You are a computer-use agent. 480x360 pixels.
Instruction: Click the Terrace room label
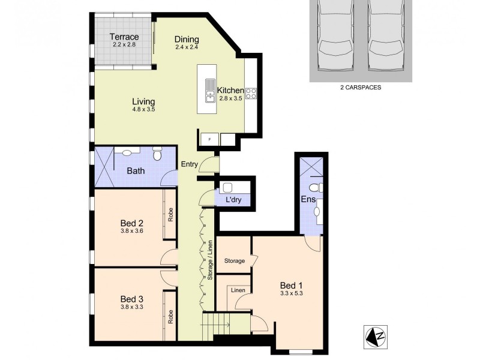[124, 37]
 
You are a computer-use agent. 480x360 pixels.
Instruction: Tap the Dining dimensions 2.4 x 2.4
[187, 47]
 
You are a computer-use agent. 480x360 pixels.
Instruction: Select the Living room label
[143, 101]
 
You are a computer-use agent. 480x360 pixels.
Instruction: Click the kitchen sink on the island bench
[209, 91]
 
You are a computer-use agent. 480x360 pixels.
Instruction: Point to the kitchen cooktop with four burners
[251, 93]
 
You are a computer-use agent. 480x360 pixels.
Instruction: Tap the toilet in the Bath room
[158, 155]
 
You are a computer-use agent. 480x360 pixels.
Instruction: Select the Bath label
[136, 171]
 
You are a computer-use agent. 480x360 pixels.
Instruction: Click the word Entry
[190, 164]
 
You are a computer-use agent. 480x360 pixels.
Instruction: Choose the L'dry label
[233, 200]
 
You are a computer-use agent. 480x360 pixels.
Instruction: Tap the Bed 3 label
[131, 299]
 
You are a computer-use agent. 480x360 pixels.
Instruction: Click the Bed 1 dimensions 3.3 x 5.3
[291, 294]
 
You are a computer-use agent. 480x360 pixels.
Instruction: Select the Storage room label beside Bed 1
[235, 261]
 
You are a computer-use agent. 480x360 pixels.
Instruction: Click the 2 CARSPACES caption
[361, 87]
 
